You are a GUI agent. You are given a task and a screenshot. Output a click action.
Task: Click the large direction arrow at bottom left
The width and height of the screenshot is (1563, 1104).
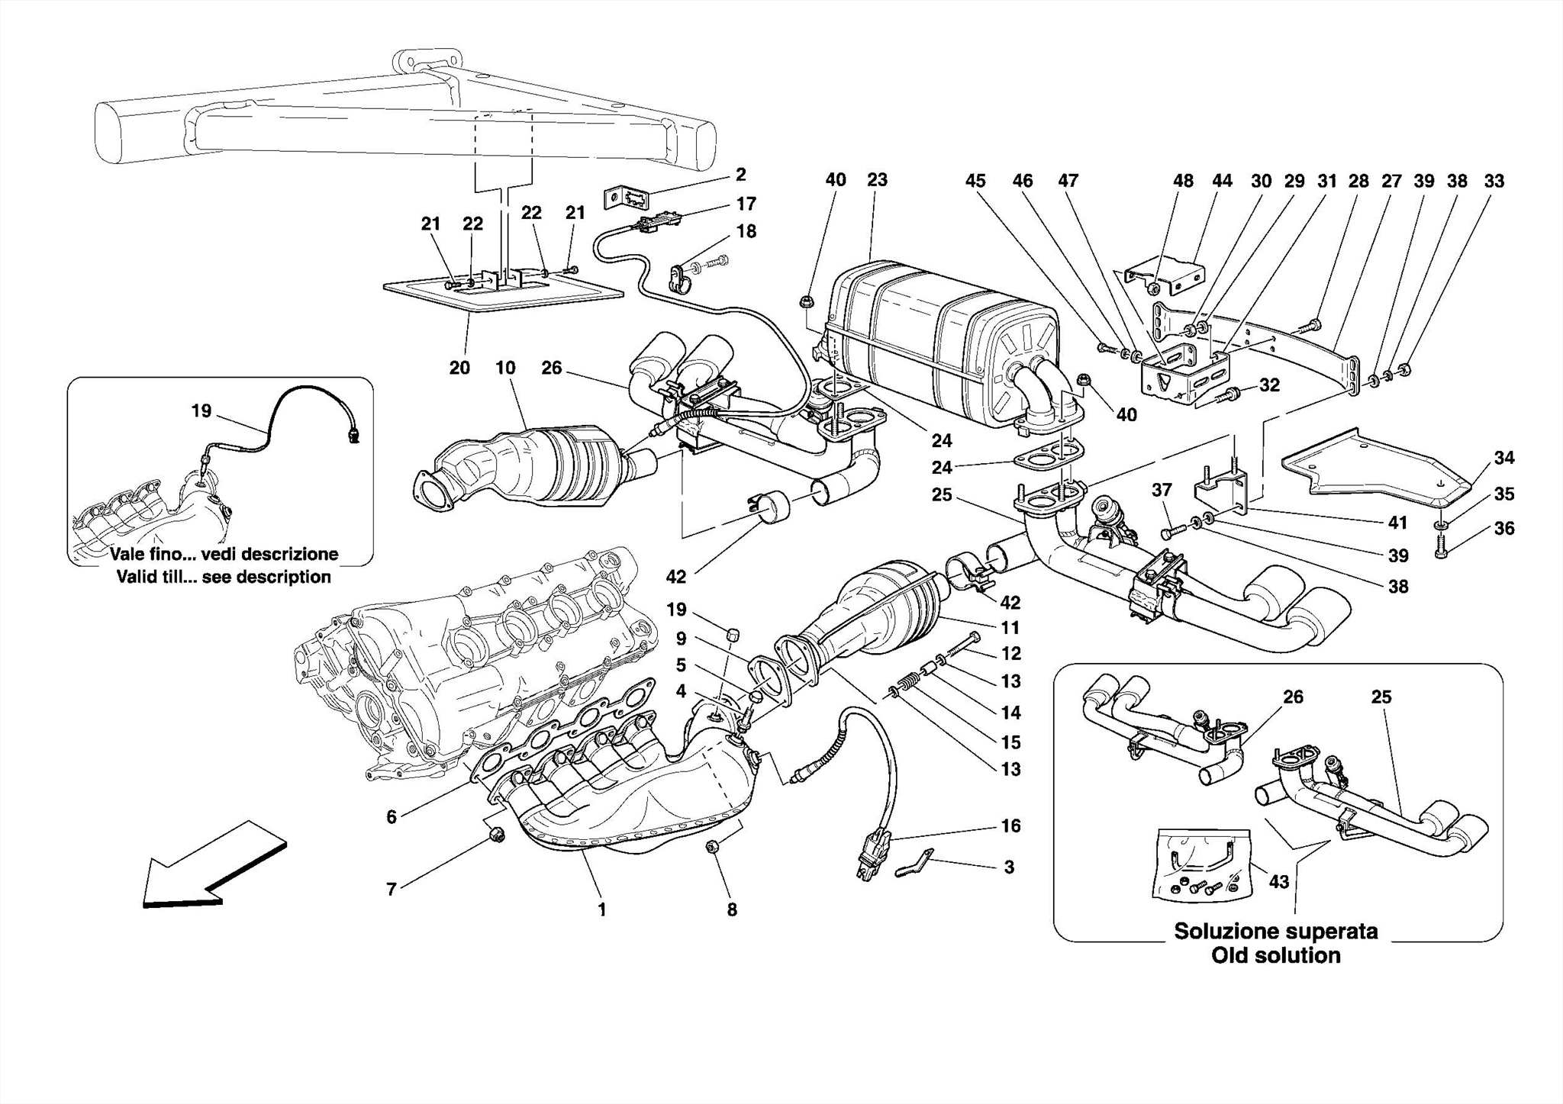[214, 866]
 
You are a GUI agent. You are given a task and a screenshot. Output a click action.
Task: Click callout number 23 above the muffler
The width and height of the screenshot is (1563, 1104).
[877, 180]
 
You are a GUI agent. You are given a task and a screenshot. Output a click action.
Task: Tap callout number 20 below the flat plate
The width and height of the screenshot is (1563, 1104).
[459, 368]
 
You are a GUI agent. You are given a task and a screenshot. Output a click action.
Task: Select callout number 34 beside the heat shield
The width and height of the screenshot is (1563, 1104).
[1503, 458]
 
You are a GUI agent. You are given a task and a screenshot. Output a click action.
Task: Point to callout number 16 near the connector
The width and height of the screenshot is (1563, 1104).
[1010, 826]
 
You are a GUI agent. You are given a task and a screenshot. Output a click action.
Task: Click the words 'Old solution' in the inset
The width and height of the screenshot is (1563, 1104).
[1276, 955]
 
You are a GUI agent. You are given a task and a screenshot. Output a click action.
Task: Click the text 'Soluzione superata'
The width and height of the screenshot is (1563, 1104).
[1276, 932]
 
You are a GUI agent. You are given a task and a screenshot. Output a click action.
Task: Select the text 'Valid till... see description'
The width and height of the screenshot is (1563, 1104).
[224, 577]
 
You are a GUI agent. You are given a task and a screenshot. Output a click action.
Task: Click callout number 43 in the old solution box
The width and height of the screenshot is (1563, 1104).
[1278, 882]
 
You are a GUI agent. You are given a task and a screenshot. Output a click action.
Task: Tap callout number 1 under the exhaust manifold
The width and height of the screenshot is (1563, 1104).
[601, 909]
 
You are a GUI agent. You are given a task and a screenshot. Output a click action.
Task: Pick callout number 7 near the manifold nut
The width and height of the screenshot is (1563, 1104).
[392, 889]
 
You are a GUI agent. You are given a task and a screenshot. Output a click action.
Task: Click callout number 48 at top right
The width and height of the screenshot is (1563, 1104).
[1183, 181]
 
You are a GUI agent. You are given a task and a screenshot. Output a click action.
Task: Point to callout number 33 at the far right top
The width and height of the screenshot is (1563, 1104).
[1494, 181]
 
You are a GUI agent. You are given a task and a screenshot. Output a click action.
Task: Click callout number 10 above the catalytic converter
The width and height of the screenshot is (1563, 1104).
[505, 368]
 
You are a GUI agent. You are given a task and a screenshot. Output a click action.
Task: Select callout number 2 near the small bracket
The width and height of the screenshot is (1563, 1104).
[740, 175]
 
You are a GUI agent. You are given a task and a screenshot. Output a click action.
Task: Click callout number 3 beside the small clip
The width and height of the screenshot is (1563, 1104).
[1009, 867]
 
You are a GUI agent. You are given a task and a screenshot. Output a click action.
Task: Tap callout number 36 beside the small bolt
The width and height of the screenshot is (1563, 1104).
[1503, 528]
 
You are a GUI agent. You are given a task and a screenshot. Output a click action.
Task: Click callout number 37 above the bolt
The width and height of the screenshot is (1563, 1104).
[1162, 490]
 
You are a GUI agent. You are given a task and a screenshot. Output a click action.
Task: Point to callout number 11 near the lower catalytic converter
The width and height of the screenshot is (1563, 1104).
[1010, 628]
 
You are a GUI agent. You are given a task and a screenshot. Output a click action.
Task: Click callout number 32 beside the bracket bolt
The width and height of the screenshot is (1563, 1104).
[1268, 385]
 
